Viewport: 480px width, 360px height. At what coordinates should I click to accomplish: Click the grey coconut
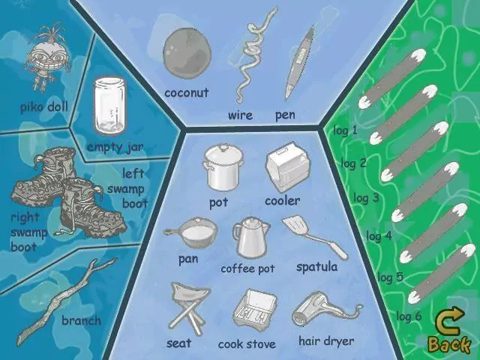coord(187,53)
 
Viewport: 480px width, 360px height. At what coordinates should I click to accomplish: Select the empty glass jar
coord(109,106)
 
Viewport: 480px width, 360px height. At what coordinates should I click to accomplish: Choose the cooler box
coord(288,166)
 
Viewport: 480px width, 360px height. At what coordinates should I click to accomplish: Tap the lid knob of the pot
coord(223,148)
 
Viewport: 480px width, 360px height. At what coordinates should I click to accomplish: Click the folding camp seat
coord(189,307)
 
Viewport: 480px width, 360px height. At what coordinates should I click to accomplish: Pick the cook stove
coord(255,310)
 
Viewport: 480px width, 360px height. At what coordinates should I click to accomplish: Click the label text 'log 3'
coord(366,198)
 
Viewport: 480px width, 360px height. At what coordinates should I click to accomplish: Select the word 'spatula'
coord(316,267)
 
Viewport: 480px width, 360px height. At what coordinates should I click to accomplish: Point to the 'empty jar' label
coord(115,147)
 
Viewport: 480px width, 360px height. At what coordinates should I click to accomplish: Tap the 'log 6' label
coord(409,316)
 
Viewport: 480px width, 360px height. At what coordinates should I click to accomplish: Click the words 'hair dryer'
coord(326,341)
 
